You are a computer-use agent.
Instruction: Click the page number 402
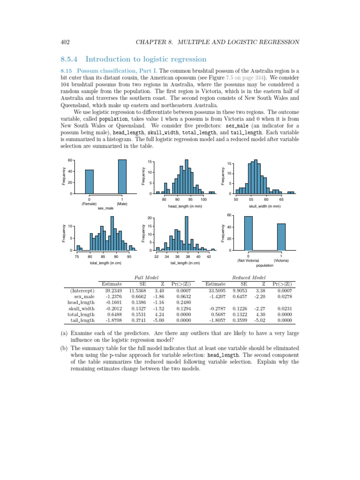(65, 42)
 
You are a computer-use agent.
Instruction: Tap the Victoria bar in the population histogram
(281, 237)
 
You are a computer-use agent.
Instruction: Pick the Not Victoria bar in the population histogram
(248, 233)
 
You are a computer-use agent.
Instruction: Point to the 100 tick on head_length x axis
(204, 199)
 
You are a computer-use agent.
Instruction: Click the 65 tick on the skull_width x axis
(281, 199)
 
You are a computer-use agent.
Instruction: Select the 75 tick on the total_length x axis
(77, 256)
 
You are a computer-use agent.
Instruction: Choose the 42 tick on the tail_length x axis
(209, 256)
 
